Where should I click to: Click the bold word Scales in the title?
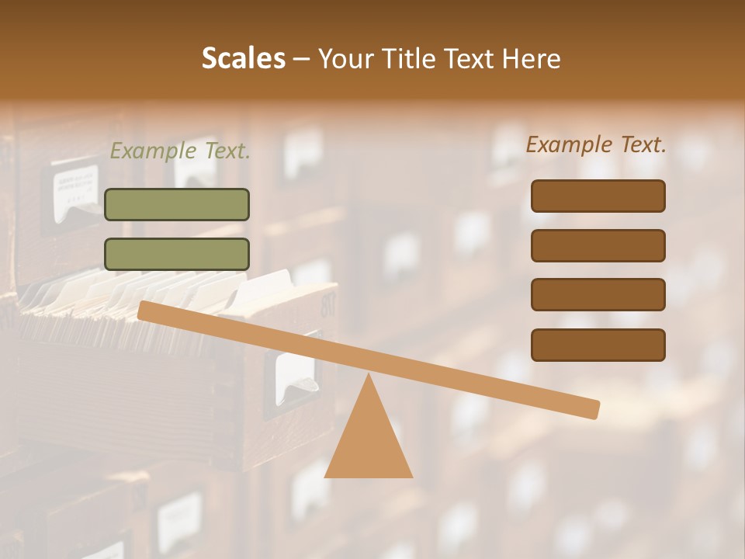(x=243, y=59)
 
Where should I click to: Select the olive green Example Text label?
(x=180, y=151)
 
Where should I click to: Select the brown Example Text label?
(x=596, y=144)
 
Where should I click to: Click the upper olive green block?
(x=177, y=204)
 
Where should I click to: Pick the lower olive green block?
(x=177, y=254)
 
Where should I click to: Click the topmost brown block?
(x=598, y=196)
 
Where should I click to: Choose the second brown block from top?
(x=598, y=245)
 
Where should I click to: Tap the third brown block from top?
(x=598, y=295)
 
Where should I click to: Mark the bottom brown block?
(x=598, y=345)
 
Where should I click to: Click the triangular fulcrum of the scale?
(x=369, y=439)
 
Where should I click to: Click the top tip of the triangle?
(x=369, y=376)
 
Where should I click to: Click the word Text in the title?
(x=470, y=59)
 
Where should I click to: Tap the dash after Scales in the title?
(x=301, y=59)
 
